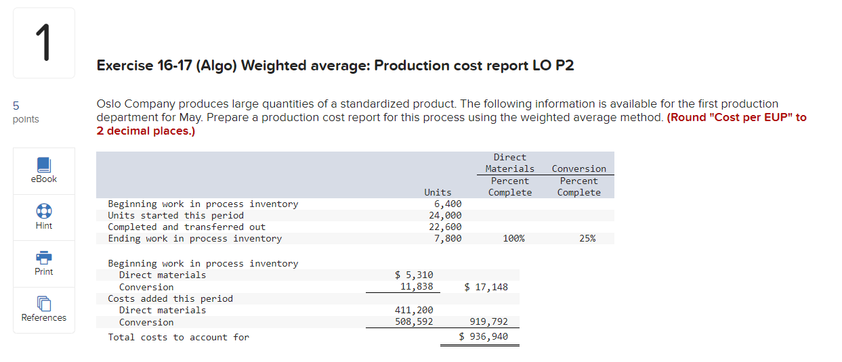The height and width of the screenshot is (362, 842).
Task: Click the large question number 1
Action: coord(43,43)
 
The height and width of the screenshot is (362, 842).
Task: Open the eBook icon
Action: coord(43,165)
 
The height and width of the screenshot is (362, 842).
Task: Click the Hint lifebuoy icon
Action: coord(43,211)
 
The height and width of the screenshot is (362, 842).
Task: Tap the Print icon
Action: coord(43,257)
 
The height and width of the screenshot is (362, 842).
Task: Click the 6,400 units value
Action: coord(448,204)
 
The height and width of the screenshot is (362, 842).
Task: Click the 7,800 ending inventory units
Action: coord(448,238)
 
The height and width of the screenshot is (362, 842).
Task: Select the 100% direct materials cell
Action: coord(513,238)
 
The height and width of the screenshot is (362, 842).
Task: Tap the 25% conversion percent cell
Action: coord(587,238)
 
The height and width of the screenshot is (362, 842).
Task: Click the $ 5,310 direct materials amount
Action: coord(414,275)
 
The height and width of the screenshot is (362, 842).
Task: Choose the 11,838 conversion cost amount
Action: coord(417,286)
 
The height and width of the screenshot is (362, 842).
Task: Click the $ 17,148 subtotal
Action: coord(486,287)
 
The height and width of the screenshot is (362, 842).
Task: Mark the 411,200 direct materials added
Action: coord(414,310)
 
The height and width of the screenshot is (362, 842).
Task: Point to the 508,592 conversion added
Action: coord(414,321)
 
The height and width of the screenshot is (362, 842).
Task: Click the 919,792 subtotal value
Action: coord(488,322)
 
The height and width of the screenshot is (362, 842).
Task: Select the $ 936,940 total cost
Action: coord(484,336)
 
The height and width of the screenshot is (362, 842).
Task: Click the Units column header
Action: coord(438,193)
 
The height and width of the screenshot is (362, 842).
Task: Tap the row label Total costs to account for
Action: coord(179,337)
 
